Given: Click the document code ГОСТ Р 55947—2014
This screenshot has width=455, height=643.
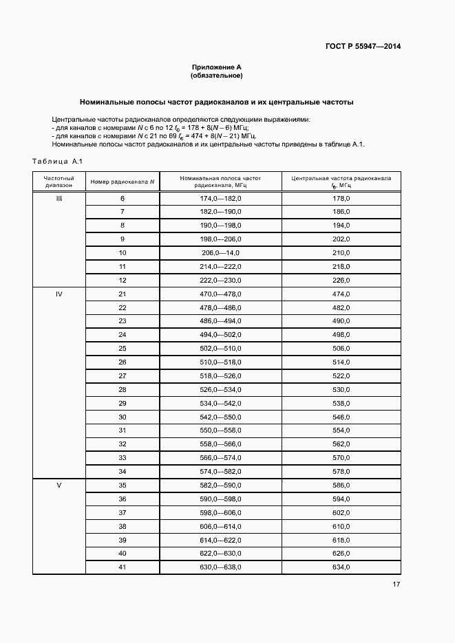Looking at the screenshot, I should (363, 47).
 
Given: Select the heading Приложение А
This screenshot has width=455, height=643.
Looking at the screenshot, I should (217, 67).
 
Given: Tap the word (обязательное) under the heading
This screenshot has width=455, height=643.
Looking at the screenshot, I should (217, 76).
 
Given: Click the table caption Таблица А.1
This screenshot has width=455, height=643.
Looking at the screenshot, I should (57, 161).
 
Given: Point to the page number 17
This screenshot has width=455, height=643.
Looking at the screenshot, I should (396, 585).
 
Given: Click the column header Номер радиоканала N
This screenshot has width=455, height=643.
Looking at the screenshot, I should (122, 182).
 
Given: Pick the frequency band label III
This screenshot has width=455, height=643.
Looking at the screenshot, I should (59, 199).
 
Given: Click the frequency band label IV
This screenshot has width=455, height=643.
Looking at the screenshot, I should (59, 294).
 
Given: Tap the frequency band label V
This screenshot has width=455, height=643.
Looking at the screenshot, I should (59, 486).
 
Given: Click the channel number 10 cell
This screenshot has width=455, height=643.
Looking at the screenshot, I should (122, 253).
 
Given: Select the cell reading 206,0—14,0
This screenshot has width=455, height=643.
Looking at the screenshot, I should (220, 253).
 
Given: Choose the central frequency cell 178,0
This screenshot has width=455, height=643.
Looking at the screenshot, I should (341, 199).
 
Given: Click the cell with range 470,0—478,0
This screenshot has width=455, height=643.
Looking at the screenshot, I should (220, 294).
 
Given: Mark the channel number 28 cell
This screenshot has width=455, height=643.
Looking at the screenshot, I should (122, 390).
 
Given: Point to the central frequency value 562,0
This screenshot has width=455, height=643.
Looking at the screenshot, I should (341, 444).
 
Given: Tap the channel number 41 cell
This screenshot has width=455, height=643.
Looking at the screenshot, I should (122, 567).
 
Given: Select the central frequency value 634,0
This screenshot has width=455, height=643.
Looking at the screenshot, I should (341, 567).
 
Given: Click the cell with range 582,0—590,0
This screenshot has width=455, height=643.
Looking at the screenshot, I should (220, 486).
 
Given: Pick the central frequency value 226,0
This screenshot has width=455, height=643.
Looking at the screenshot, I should (341, 281).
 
